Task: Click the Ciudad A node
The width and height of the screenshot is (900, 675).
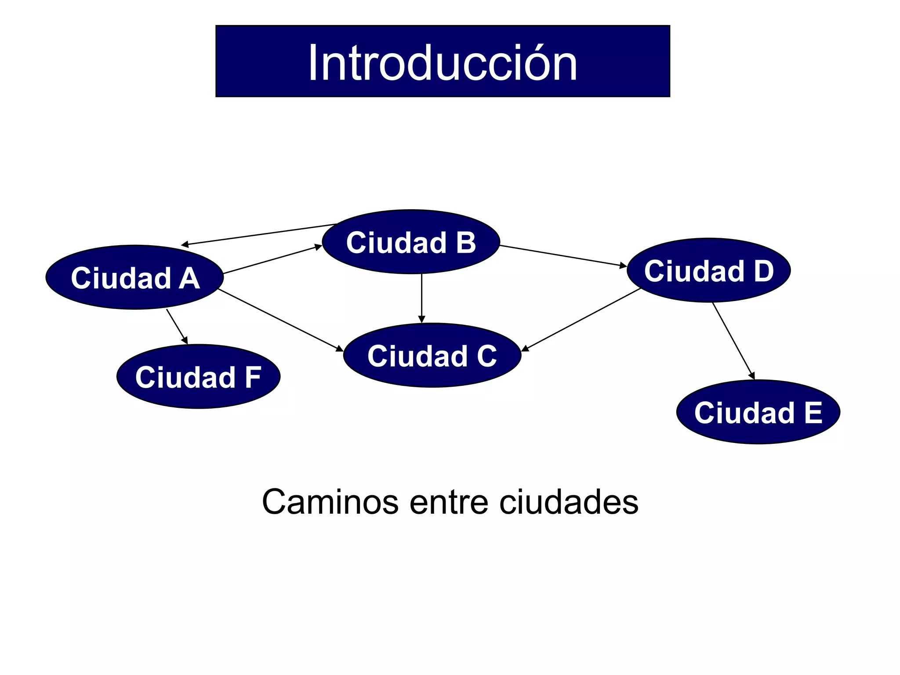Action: (x=134, y=277)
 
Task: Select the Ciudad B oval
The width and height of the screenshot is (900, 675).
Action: (x=411, y=242)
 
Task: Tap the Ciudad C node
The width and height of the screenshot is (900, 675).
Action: (x=432, y=355)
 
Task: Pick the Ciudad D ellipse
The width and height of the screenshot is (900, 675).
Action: (x=708, y=270)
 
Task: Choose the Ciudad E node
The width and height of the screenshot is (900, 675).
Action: (x=758, y=412)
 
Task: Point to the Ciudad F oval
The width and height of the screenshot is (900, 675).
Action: (x=198, y=377)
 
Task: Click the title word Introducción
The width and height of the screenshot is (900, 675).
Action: (x=442, y=63)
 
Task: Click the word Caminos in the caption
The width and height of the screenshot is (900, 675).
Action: (x=330, y=502)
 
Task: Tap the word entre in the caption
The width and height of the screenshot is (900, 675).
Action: (x=449, y=502)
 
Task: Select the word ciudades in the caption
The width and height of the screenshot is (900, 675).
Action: (x=569, y=502)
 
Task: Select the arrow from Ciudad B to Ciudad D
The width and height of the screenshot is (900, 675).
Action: (x=562, y=256)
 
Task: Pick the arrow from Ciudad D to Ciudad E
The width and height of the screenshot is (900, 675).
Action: (x=733, y=340)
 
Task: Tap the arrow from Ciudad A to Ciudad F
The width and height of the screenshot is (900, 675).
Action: (x=177, y=327)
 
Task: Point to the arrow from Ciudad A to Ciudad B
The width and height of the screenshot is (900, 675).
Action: (x=272, y=260)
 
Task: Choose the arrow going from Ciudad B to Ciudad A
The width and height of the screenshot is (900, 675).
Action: (x=259, y=234)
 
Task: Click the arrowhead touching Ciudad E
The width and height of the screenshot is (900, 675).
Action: (x=752, y=375)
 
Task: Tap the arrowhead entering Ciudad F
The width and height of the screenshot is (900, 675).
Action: (x=185, y=341)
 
